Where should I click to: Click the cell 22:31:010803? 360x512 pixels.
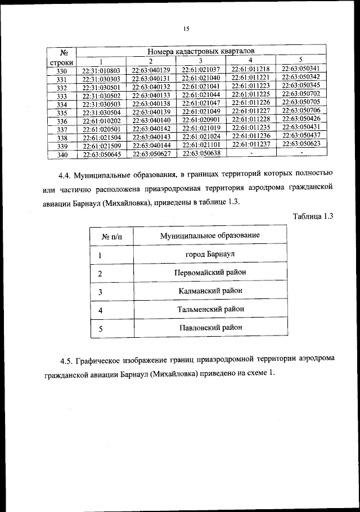[x=101, y=71]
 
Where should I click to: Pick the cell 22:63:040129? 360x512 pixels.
[x=151, y=70]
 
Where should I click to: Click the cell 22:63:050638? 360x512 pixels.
[x=201, y=153]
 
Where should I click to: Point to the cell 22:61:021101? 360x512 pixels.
[x=201, y=145]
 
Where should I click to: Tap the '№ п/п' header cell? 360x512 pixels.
[x=112, y=237]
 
